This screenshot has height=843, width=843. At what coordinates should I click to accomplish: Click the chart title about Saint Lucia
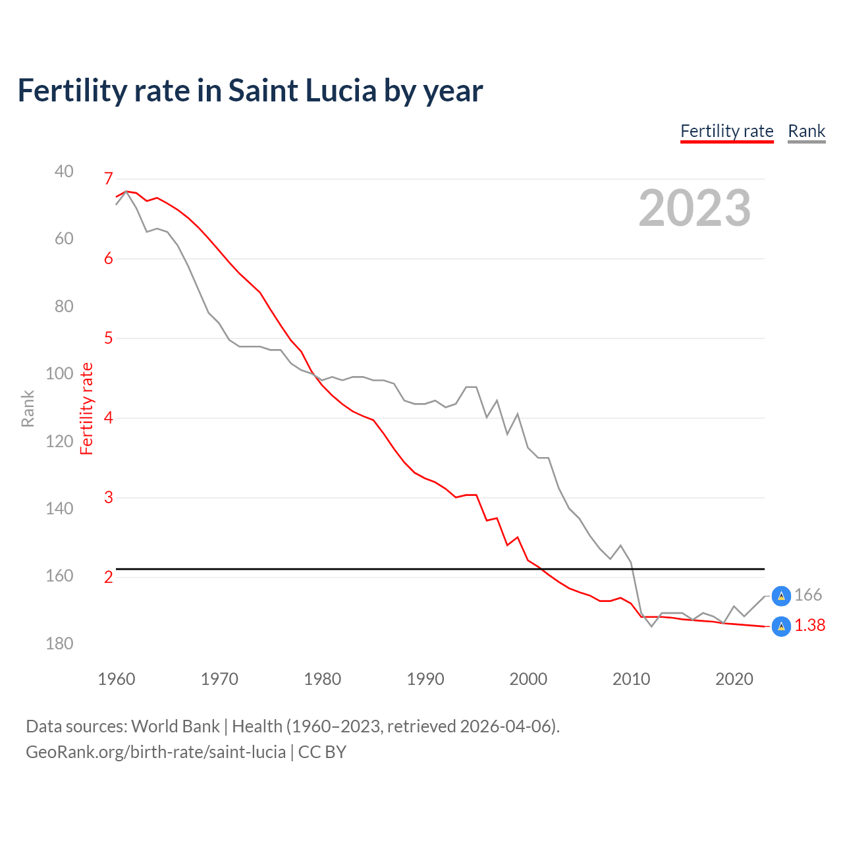250,91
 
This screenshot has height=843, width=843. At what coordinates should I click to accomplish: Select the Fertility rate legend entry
726,131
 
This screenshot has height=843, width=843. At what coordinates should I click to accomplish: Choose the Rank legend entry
806,131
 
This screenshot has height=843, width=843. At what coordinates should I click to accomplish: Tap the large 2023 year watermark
695,208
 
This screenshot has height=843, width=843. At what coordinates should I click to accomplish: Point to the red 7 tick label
109,178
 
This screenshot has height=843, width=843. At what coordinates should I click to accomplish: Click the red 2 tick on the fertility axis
109,577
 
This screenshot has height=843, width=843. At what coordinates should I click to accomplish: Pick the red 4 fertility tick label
109,418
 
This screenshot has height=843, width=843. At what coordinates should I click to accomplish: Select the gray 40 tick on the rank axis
64,171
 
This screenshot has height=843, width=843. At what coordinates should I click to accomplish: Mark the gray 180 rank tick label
59,643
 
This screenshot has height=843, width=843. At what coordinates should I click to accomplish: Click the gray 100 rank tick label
59,373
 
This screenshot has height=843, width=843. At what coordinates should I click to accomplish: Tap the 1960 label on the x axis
117,679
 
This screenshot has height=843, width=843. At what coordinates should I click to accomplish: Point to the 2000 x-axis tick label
528,679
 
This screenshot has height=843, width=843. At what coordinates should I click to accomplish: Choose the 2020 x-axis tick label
734,679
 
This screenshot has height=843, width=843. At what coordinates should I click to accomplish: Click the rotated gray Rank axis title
28,408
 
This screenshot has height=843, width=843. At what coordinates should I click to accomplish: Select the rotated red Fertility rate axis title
87,408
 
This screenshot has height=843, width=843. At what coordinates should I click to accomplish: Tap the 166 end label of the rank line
808,595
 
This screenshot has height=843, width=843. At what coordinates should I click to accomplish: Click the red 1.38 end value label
809,626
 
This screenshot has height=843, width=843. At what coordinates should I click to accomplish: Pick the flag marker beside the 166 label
781,595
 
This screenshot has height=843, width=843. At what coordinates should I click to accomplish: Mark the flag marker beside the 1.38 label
781,626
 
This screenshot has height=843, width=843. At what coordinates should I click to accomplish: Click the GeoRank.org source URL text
156,752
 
